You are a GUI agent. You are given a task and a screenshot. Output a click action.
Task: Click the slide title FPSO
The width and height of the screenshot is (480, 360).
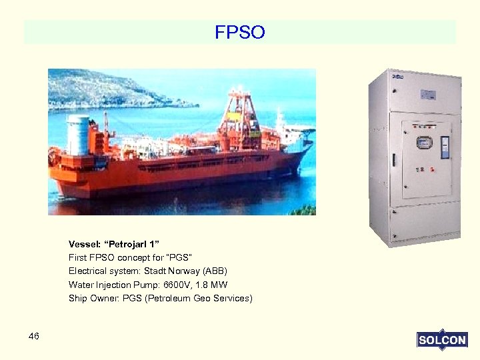[240, 32]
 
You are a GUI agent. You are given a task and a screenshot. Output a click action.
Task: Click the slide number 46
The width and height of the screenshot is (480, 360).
[34, 336]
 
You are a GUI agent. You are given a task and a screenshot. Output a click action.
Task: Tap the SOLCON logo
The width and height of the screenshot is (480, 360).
[441, 340]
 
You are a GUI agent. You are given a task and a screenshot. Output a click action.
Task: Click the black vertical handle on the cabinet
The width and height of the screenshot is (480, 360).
[393, 160]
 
